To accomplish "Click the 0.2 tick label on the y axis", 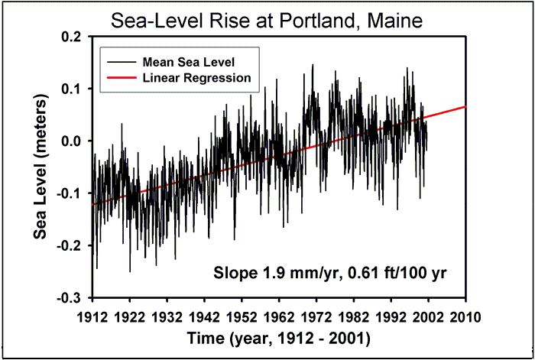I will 75,37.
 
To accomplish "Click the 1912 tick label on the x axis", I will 92,316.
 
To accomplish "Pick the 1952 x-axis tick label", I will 242,316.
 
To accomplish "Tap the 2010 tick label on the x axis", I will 465,316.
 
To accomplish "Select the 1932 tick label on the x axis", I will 167,316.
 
